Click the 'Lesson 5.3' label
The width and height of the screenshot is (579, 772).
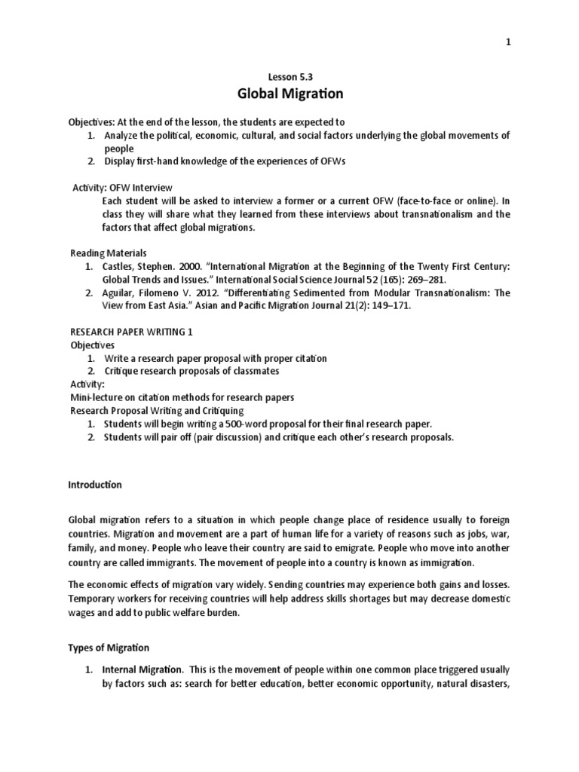(x=289, y=77)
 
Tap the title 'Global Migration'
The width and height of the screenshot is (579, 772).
(x=289, y=94)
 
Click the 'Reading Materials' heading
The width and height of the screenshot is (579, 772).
(x=109, y=253)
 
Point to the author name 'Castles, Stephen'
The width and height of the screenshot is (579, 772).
(x=139, y=267)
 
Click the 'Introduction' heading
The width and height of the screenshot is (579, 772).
(x=96, y=485)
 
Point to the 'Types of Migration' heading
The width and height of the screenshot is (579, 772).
(x=109, y=648)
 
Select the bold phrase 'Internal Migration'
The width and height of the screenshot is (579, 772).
(x=142, y=669)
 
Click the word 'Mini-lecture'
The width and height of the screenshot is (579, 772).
(x=96, y=397)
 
